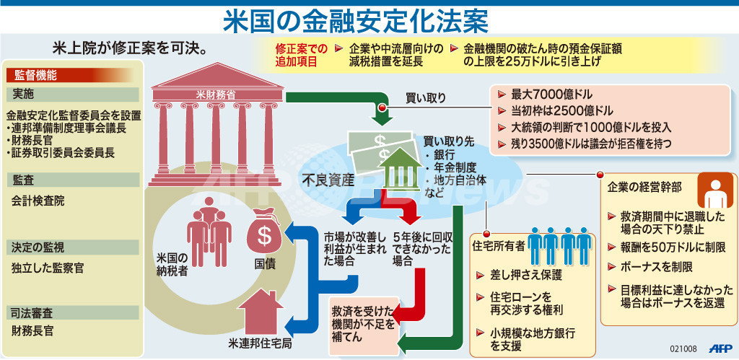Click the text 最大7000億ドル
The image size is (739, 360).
click(551, 94)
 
